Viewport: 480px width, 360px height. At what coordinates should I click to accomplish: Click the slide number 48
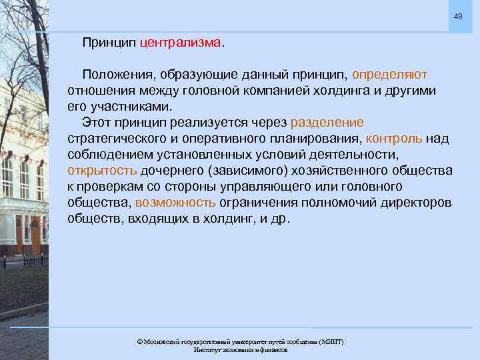pyautogui.click(x=458, y=16)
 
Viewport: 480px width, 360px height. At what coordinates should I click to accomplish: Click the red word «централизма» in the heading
pyautogui.click(x=180, y=43)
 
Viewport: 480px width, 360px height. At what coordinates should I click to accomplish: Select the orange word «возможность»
pyautogui.click(x=175, y=203)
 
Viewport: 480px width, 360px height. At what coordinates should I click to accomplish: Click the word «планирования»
pyautogui.click(x=314, y=139)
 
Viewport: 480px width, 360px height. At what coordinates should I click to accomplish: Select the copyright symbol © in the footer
pyautogui.click(x=139, y=341)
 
